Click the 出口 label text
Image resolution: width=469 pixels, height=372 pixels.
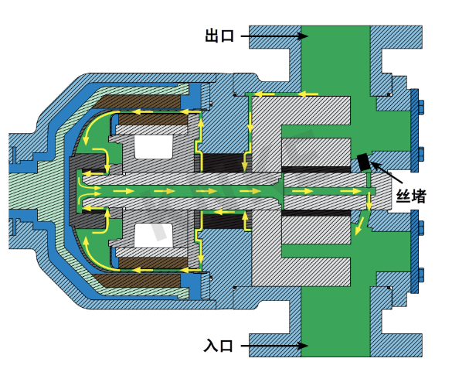click(219, 36)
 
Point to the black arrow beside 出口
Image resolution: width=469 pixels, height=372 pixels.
click(274, 36)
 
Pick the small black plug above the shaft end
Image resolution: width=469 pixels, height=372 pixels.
click(362, 162)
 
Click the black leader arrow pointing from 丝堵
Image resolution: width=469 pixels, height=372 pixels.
click(384, 171)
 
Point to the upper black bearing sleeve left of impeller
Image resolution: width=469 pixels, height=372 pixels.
click(223, 162)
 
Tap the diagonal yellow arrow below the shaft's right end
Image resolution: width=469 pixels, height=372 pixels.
click(358, 226)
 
